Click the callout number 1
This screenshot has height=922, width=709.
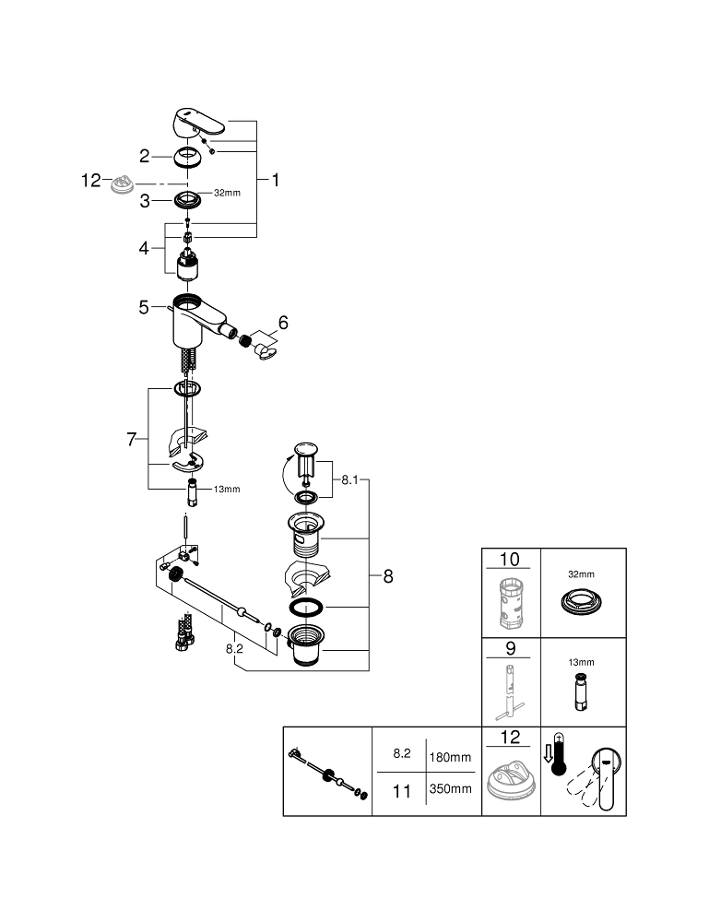coord(274,181)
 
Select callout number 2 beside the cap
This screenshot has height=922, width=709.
coord(145,156)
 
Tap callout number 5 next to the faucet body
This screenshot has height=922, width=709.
coord(144,307)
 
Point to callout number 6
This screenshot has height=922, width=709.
coord(283,323)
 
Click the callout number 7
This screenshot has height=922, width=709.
coord(131,440)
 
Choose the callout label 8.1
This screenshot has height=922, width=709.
coord(350,479)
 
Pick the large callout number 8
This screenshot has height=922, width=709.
coord(388,576)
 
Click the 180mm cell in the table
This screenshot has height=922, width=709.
coord(451,757)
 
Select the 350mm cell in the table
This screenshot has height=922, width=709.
coord(451,788)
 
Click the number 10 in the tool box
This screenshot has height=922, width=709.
coord(510,560)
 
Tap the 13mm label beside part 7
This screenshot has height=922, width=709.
coord(227,489)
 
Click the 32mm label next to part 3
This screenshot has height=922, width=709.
coord(227,194)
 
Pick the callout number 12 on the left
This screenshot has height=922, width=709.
coord(90,181)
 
